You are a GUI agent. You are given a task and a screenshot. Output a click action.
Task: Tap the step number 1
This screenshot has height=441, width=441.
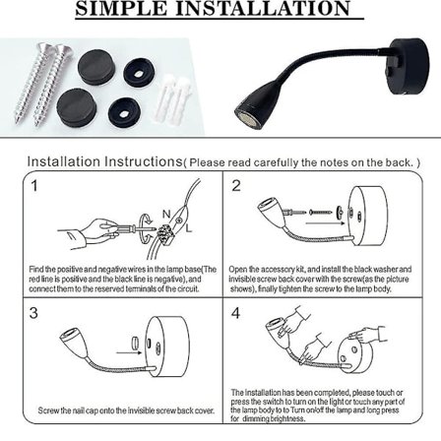(x=33, y=185)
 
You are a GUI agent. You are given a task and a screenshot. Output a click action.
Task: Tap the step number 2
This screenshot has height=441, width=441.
(x=236, y=185)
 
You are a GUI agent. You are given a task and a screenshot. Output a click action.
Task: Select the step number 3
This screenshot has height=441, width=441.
(x=33, y=312)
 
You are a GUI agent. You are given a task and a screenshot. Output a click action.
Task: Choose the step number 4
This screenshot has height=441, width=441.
(x=236, y=312)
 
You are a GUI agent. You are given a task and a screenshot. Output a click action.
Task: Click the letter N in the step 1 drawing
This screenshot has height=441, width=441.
(x=166, y=214)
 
